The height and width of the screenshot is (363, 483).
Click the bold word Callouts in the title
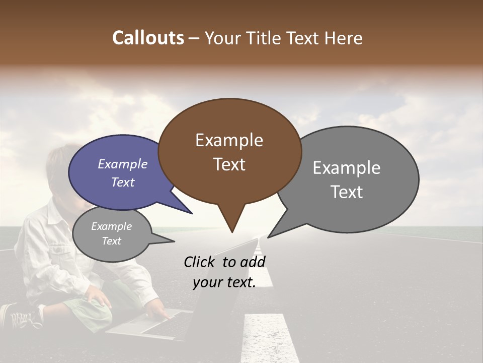[148, 38]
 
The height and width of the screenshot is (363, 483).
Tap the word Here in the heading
[344, 38]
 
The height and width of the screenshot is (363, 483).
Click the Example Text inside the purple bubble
[122, 173]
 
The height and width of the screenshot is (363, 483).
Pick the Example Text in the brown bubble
[229, 152]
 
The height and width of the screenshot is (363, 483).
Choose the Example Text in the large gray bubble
[347, 179]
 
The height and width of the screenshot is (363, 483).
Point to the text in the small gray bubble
[111, 233]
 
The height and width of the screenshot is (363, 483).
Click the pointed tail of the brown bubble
[232, 229]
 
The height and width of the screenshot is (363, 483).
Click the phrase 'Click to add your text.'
[224, 272]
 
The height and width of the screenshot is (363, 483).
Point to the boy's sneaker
[20, 317]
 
